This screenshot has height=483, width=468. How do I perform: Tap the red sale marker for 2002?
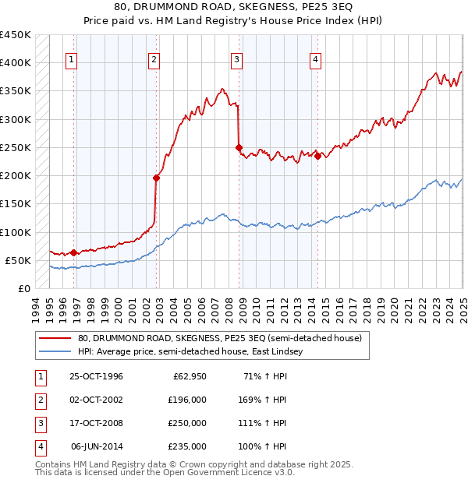[156, 178]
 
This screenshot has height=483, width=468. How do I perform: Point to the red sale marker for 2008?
[239, 147]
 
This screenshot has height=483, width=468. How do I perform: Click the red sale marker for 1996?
[73, 252]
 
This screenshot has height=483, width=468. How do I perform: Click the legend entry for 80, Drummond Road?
[219, 339]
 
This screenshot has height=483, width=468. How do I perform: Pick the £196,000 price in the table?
[187, 400]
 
